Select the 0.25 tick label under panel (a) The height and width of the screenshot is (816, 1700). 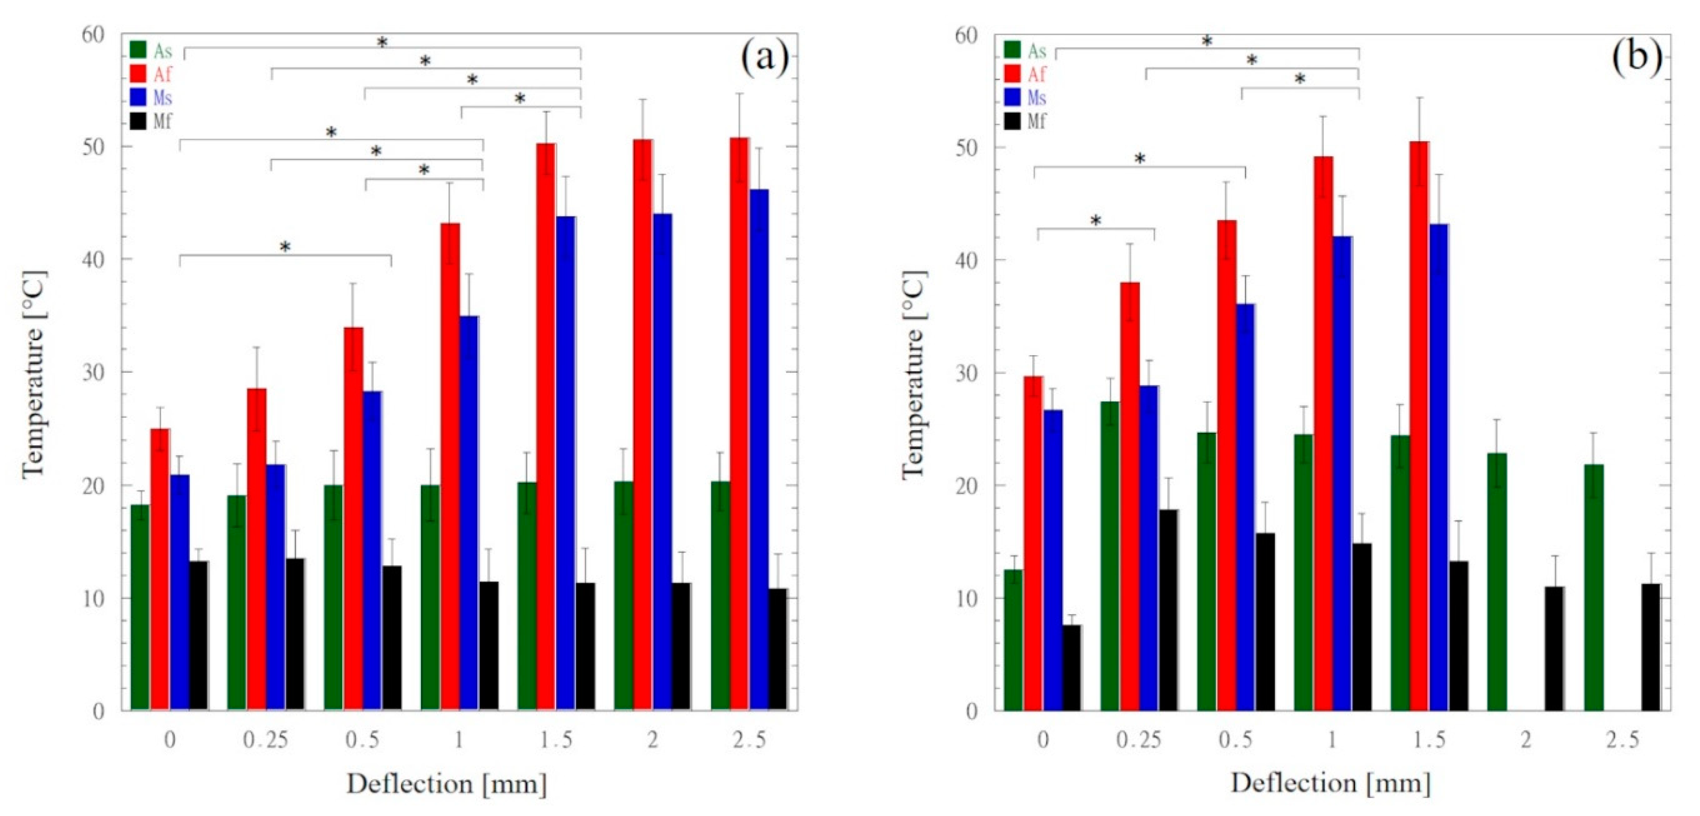tap(265, 740)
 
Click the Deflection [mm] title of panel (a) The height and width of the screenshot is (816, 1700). tap(447, 784)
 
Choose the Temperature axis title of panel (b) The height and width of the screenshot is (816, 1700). tap(913, 374)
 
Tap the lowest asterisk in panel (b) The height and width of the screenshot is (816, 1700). tap(1096, 220)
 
